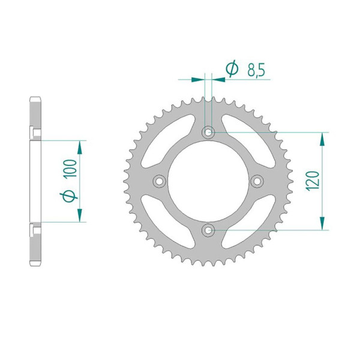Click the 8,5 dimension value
tap(256, 70)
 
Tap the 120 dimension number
tap(313, 181)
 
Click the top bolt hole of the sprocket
tap(208, 132)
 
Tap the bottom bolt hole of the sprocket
tap(208, 230)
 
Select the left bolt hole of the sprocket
tap(160, 181)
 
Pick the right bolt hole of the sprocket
tap(257, 181)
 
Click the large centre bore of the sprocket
tap(208, 181)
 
